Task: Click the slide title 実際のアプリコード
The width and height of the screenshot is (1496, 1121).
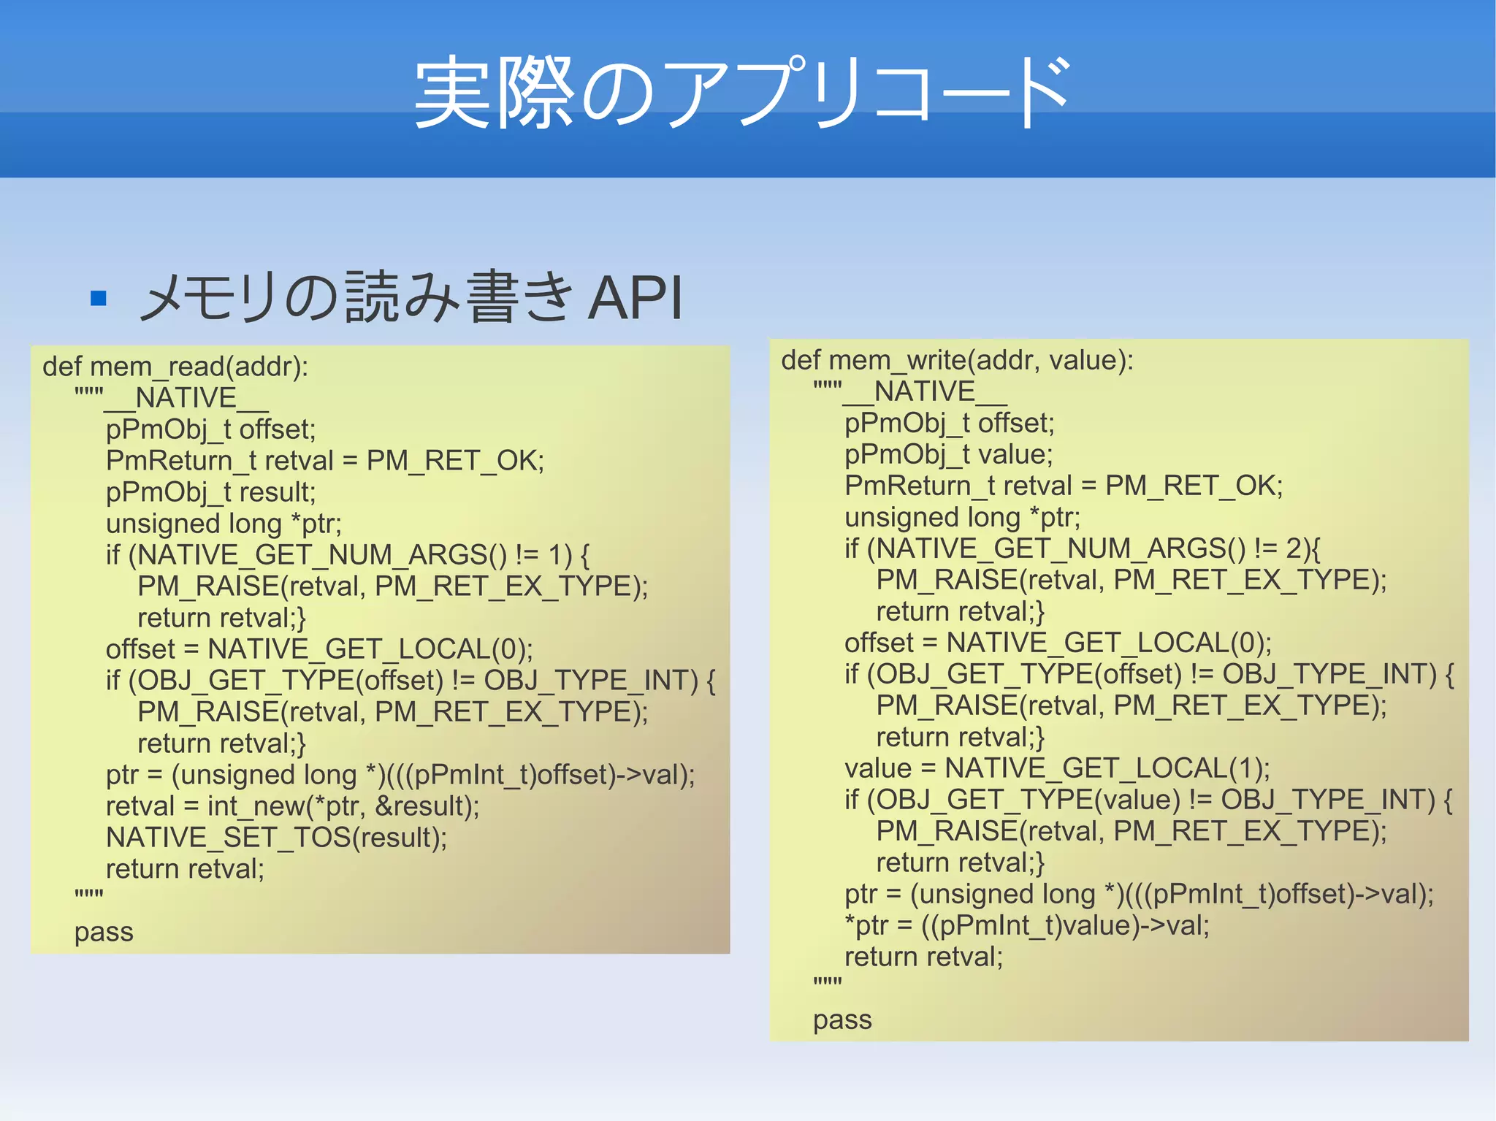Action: pos(742,93)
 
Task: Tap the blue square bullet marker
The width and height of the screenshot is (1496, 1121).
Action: pos(99,298)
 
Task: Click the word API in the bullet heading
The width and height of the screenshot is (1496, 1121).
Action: pos(635,298)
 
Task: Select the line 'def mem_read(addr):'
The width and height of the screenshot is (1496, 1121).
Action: pos(175,367)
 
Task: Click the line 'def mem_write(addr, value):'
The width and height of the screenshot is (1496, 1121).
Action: pos(957,361)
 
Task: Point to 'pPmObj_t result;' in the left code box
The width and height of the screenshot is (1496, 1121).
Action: pos(210,492)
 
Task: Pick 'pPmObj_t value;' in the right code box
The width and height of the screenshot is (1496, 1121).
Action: pos(948,455)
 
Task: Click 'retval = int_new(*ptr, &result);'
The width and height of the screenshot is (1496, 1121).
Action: pos(292,806)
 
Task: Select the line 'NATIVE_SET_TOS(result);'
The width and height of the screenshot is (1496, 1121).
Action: pos(276,838)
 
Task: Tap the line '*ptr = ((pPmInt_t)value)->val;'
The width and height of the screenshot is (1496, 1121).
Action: pos(1026,926)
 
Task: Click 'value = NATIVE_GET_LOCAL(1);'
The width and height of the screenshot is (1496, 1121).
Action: pos(1057,769)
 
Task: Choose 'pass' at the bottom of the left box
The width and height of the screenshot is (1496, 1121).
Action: pos(104,933)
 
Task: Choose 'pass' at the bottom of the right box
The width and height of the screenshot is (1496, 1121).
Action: pos(842,1020)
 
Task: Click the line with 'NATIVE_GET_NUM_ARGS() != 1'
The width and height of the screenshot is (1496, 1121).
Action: pos(348,555)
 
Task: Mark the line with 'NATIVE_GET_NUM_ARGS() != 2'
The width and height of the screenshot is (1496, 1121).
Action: pos(1083,548)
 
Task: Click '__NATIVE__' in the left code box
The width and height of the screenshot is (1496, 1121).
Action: pos(186,399)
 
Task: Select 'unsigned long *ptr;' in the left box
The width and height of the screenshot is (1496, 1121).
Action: pos(224,524)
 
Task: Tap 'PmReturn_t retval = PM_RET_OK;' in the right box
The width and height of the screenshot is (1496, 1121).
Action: pos(1064,486)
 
